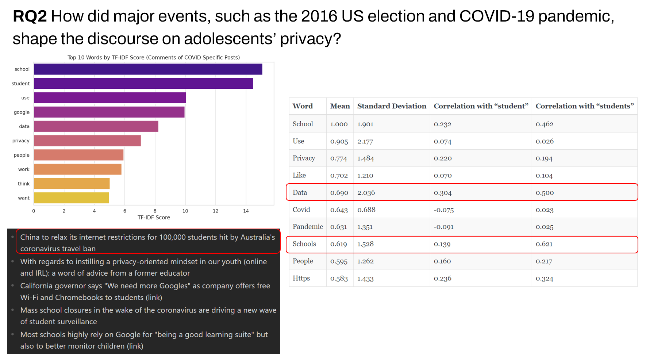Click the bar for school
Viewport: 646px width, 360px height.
tap(148, 69)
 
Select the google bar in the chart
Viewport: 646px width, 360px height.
tap(109, 112)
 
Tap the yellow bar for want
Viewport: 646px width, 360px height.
tap(71, 198)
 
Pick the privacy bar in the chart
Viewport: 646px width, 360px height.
tap(87, 141)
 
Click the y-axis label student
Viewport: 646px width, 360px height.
tap(20, 84)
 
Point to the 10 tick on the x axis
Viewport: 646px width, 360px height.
tap(185, 211)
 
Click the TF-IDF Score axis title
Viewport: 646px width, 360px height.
tap(154, 218)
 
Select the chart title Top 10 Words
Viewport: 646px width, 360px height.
tap(154, 57)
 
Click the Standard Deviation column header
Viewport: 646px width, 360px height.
tap(392, 106)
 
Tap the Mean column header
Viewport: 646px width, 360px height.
tap(340, 106)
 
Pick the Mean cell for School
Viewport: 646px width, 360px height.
tap(339, 124)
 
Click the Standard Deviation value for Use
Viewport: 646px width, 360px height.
tap(365, 141)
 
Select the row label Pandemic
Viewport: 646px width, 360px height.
tap(308, 227)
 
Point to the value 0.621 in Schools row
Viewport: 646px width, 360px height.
tap(544, 244)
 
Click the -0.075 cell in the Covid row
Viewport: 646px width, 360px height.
tap(443, 210)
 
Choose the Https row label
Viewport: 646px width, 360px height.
tap(301, 278)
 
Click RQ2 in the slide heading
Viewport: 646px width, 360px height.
tap(30, 16)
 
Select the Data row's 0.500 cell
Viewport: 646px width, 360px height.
tap(545, 193)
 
